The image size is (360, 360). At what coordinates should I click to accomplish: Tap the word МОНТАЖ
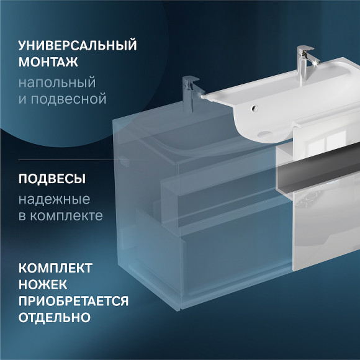coord(48,64)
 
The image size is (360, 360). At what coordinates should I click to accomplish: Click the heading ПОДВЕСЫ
coord(52,179)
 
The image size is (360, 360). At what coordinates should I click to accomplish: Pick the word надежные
coord(55,199)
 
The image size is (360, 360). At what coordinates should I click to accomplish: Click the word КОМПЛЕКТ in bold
coord(55,269)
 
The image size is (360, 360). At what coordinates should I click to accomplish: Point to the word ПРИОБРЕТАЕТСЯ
coord(73,301)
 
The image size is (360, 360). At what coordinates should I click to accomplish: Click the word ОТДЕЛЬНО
coord(55,317)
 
